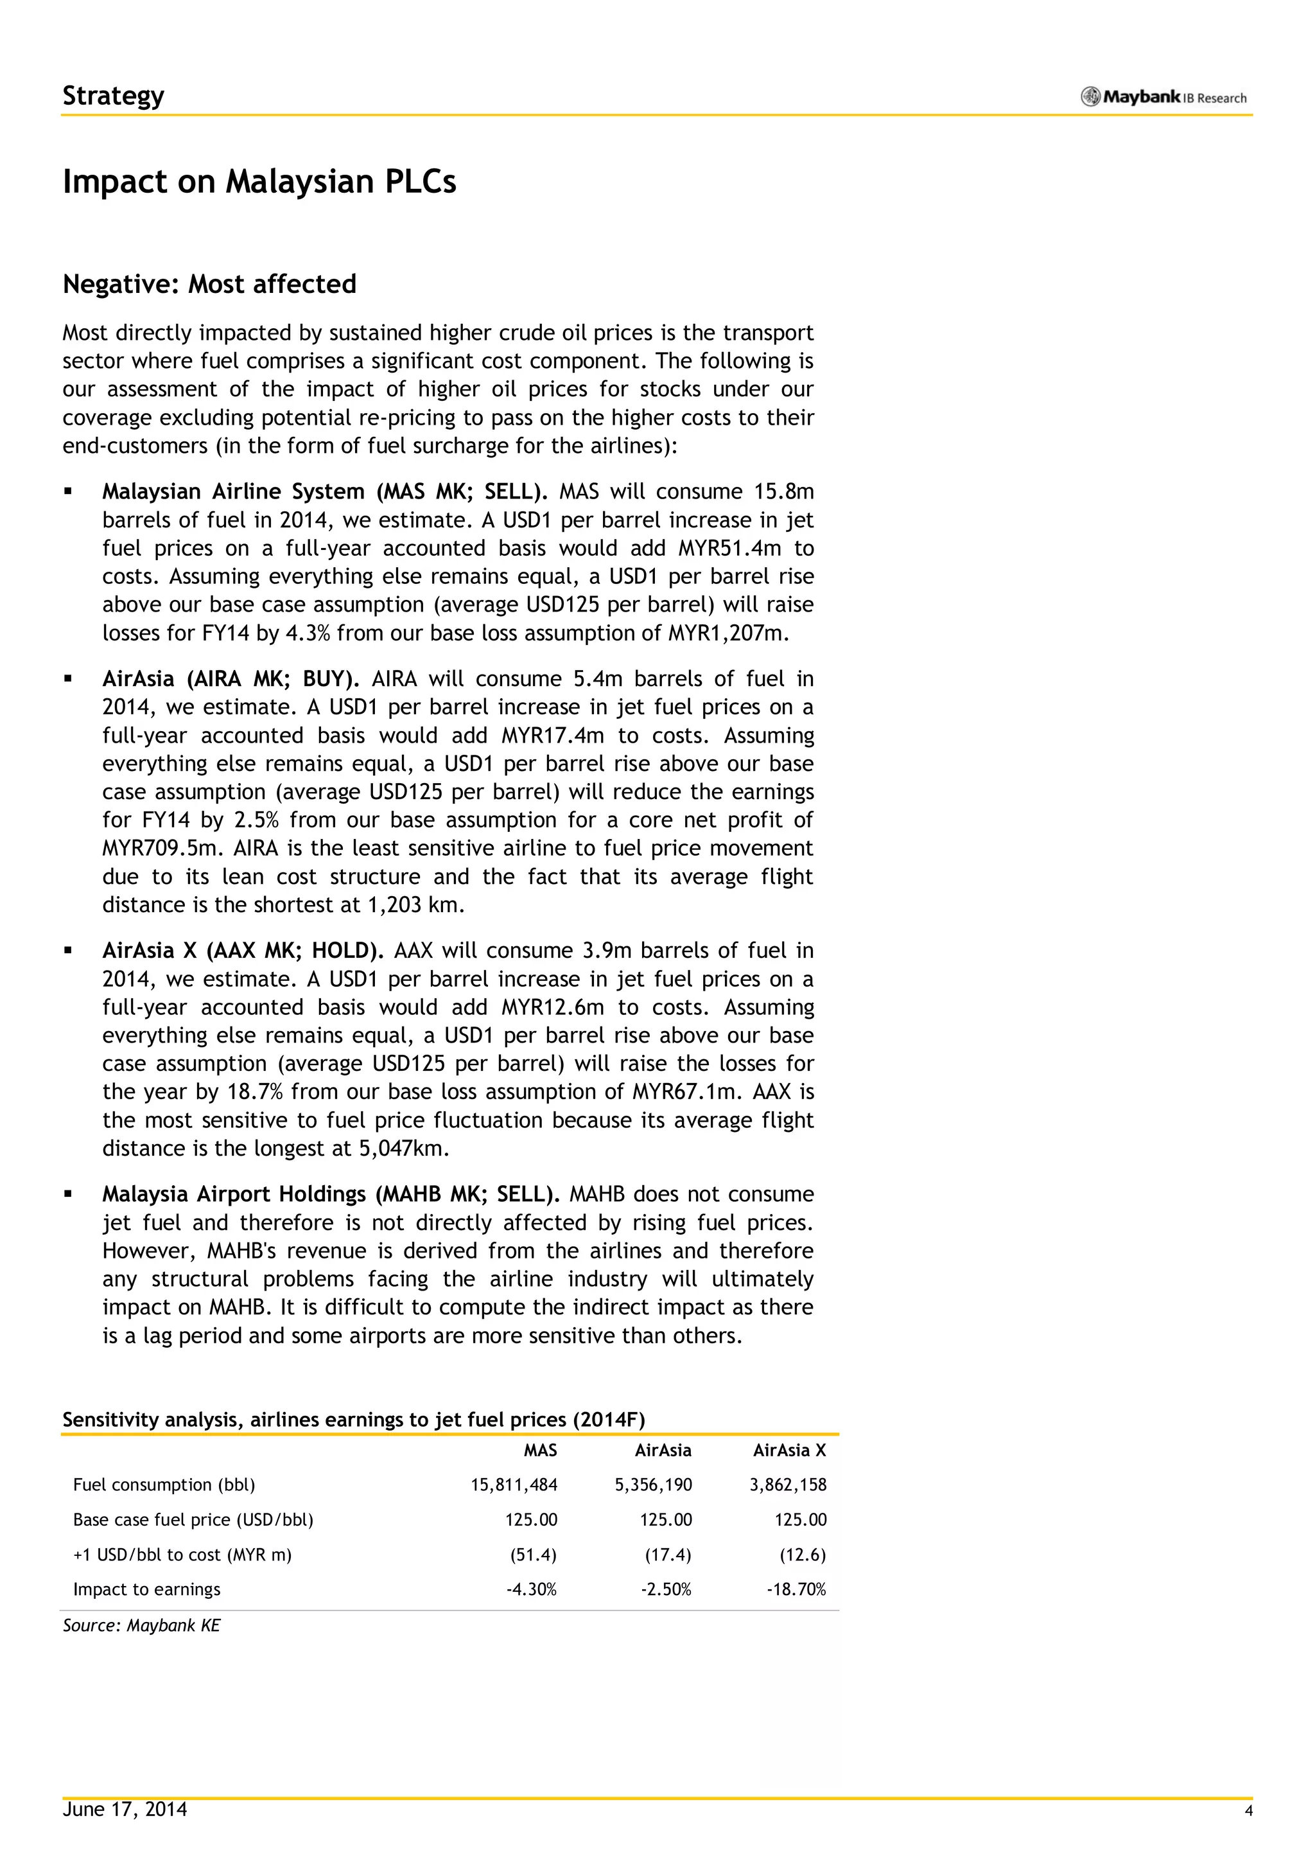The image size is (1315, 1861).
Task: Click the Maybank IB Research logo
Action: point(1163,97)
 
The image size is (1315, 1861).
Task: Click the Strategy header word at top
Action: point(114,96)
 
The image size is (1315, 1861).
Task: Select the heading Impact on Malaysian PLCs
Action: point(259,182)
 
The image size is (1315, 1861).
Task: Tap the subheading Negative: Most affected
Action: point(209,284)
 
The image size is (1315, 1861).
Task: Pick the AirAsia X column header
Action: point(789,1450)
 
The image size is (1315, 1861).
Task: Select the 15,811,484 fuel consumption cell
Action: point(514,1485)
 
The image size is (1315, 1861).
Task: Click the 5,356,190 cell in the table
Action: point(653,1485)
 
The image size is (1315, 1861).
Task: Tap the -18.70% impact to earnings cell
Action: point(796,1589)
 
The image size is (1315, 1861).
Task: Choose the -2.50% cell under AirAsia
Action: point(666,1589)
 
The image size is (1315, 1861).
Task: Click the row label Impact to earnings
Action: point(146,1589)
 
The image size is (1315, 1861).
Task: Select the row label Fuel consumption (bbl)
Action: point(164,1485)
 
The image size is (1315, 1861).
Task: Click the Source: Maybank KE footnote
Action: point(141,1625)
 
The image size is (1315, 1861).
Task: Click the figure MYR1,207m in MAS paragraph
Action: point(727,633)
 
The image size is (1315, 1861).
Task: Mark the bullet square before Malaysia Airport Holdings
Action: point(68,1194)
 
